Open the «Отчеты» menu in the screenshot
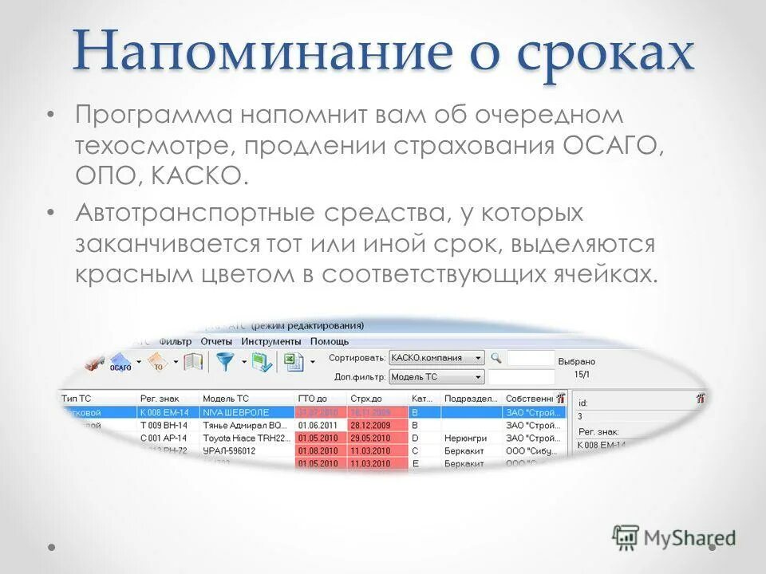pyautogui.click(x=216, y=341)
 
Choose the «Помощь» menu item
pyautogui.click(x=330, y=341)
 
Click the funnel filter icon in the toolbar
pyautogui.click(x=226, y=363)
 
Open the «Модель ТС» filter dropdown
pyautogui.click(x=437, y=376)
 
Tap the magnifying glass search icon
pyautogui.click(x=496, y=358)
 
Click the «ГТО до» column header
pyautogui.click(x=313, y=398)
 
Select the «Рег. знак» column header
pyautogui.click(x=159, y=398)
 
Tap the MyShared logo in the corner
pyautogui.click(x=674, y=537)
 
